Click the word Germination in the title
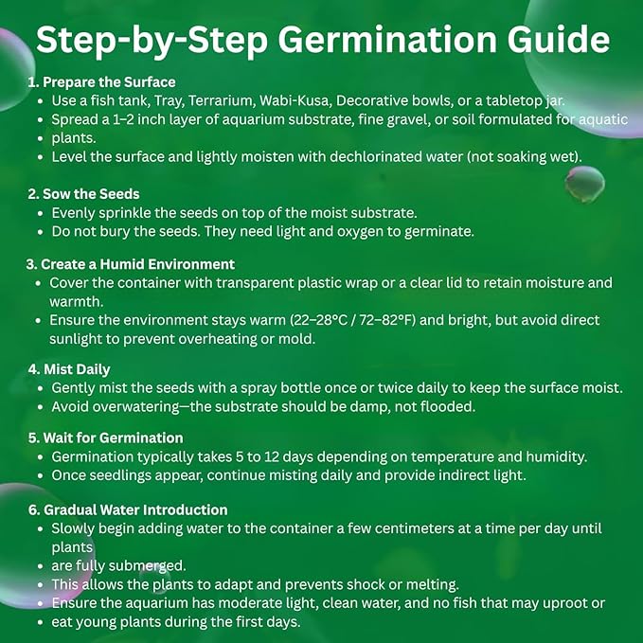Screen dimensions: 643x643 tap(387, 41)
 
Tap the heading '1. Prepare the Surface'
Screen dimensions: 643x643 tap(101, 82)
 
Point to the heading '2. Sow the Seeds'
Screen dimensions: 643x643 tap(83, 194)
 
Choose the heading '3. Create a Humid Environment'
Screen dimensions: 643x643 tap(131, 264)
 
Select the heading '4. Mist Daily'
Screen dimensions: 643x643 tap(69, 369)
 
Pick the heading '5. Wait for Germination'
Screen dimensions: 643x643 tap(105, 438)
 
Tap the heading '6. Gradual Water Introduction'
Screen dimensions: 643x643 tap(128, 509)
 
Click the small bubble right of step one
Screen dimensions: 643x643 tap(585, 185)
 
